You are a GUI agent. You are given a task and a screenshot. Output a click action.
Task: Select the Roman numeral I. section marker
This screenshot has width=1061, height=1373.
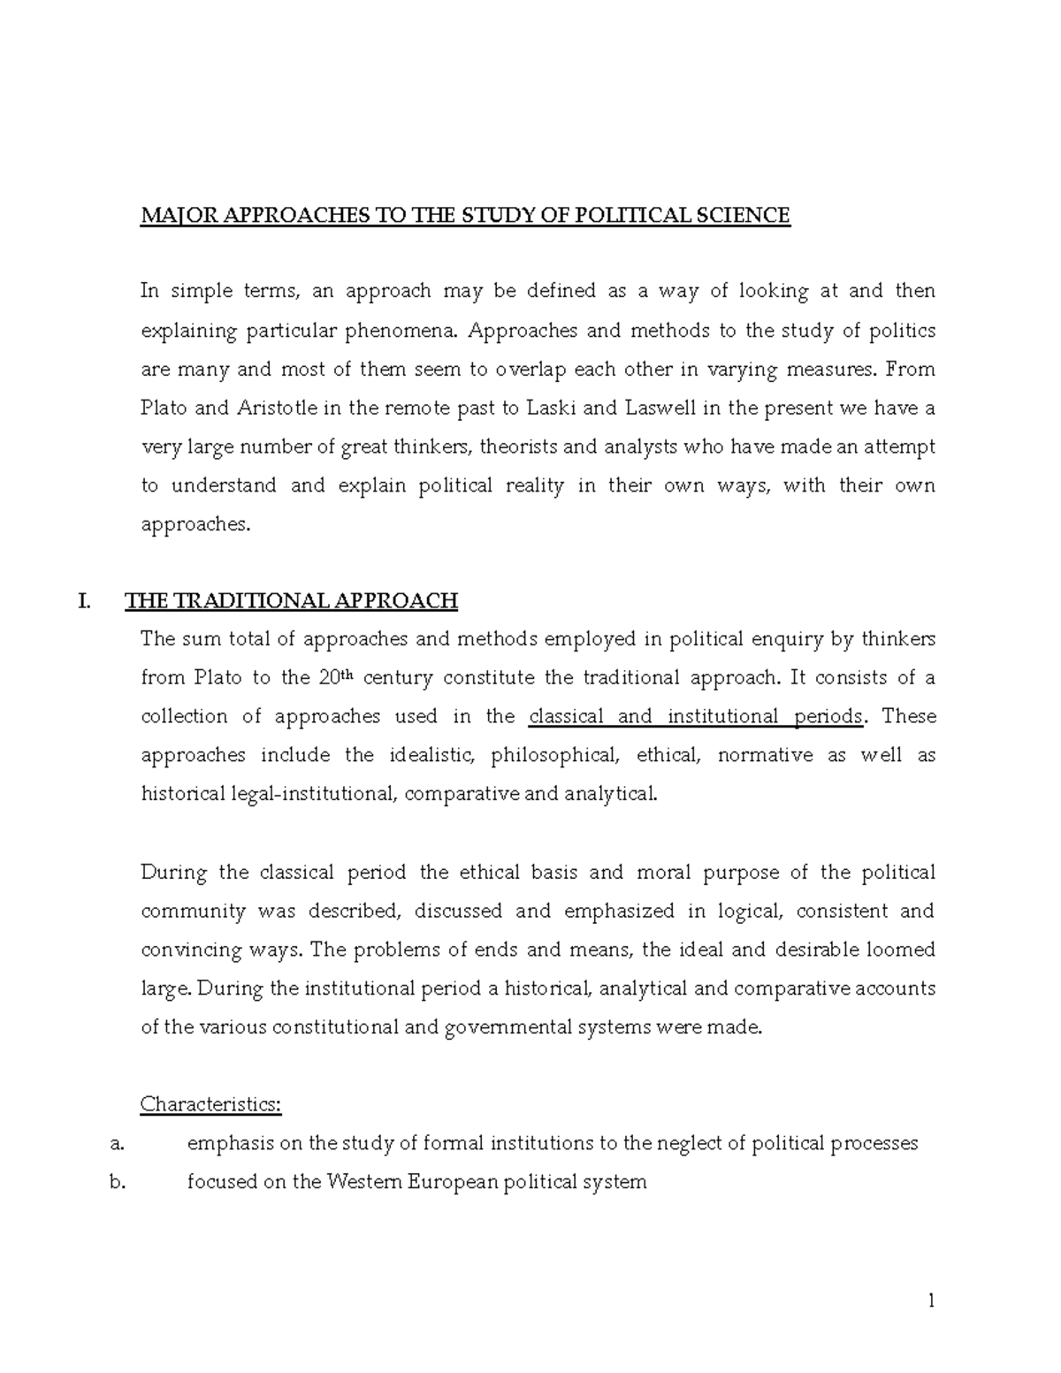tap(84, 602)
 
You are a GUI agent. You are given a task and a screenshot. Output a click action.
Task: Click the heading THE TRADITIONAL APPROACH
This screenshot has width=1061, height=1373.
tap(291, 602)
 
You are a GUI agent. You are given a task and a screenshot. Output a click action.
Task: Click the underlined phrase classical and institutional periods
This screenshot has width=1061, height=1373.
tap(695, 717)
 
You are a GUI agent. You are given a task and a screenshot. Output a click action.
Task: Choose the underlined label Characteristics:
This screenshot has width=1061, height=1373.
tap(211, 1105)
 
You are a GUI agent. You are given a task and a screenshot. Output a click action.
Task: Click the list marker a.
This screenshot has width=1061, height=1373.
tap(116, 1144)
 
